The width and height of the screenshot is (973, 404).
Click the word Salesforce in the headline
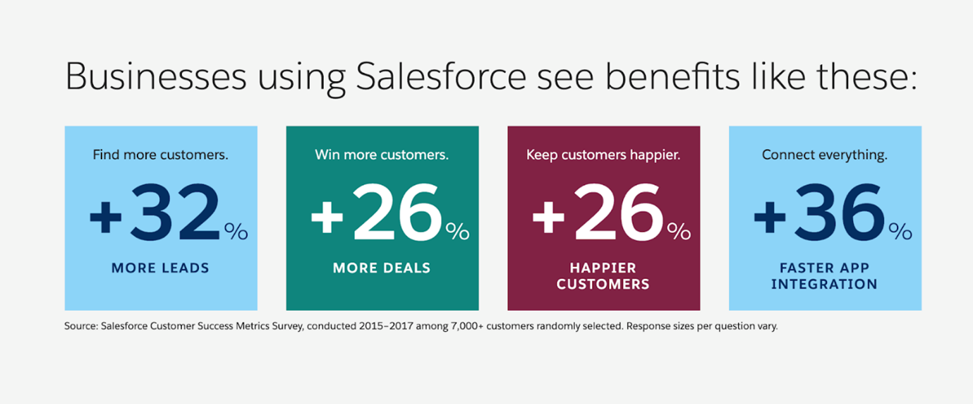click(441, 76)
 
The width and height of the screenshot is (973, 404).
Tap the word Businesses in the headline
click(156, 76)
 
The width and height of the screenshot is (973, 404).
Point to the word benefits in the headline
click(672, 76)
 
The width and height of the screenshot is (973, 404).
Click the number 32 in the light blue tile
click(174, 212)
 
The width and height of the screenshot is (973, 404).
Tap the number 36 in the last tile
click(840, 212)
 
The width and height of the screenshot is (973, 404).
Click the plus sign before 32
click(105, 217)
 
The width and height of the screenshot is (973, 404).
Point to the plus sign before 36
click(770, 217)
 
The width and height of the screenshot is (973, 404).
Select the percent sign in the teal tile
click(457, 232)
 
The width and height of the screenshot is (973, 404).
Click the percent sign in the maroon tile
click(679, 232)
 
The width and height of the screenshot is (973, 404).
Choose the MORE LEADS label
click(160, 268)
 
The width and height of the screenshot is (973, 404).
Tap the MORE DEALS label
click(382, 268)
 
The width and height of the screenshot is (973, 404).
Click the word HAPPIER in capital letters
click(603, 268)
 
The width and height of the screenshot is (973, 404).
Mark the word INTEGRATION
click(824, 285)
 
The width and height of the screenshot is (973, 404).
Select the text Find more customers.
click(160, 155)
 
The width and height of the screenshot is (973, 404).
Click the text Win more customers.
click(382, 155)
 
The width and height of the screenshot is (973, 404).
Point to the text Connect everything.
click(824, 155)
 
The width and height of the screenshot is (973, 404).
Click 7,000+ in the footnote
click(467, 326)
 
